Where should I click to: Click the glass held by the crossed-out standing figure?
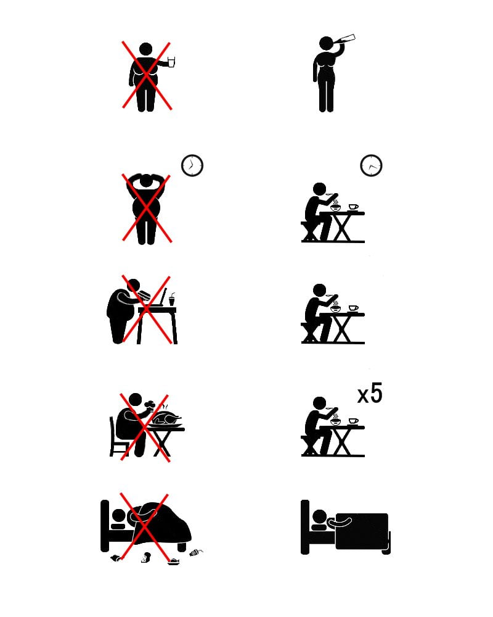click(x=171, y=62)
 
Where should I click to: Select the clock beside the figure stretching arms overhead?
click(x=192, y=165)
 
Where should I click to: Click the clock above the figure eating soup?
click(x=371, y=165)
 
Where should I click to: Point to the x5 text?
click(x=370, y=393)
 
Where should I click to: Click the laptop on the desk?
click(x=157, y=298)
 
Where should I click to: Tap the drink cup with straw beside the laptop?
click(x=172, y=299)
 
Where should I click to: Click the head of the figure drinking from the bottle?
click(x=327, y=43)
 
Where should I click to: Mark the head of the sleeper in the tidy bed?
click(x=319, y=516)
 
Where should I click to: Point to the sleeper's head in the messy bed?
click(x=118, y=515)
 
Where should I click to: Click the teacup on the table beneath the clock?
click(x=353, y=207)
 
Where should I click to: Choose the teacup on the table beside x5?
click(x=353, y=421)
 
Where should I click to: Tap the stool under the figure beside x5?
click(x=309, y=445)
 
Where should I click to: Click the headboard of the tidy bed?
click(x=304, y=527)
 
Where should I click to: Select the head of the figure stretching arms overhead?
click(x=146, y=181)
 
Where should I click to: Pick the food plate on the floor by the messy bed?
click(x=174, y=562)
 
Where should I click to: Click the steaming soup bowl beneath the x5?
click(x=335, y=420)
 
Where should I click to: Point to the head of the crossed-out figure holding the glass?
click(x=145, y=49)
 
